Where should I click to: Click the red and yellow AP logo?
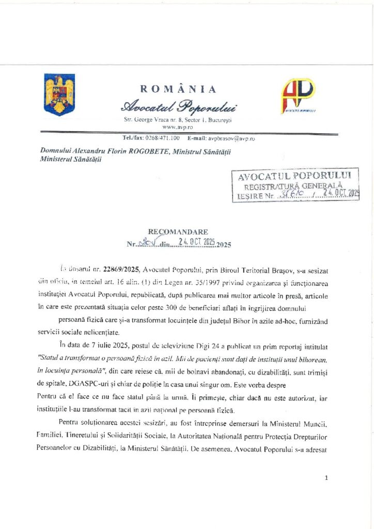pos(298,96)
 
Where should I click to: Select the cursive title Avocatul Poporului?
pos(179,107)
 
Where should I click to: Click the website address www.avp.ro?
pos(175,126)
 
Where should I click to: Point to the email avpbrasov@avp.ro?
pos(232,138)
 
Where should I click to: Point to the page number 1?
pos(326,477)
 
